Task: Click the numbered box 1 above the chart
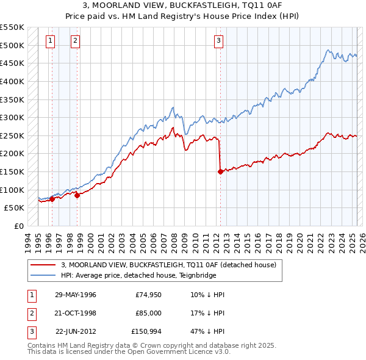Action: click(x=49, y=41)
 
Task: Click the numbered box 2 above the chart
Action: click(x=75, y=41)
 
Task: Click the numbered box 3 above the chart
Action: click(x=218, y=41)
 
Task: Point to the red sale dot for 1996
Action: click(x=52, y=198)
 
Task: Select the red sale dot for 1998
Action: click(x=77, y=195)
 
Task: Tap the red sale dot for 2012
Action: click(x=220, y=171)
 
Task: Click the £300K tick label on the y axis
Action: click(x=12, y=117)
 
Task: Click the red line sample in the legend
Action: click(x=43, y=265)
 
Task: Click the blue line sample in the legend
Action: click(x=43, y=275)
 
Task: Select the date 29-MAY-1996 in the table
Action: click(x=75, y=294)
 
